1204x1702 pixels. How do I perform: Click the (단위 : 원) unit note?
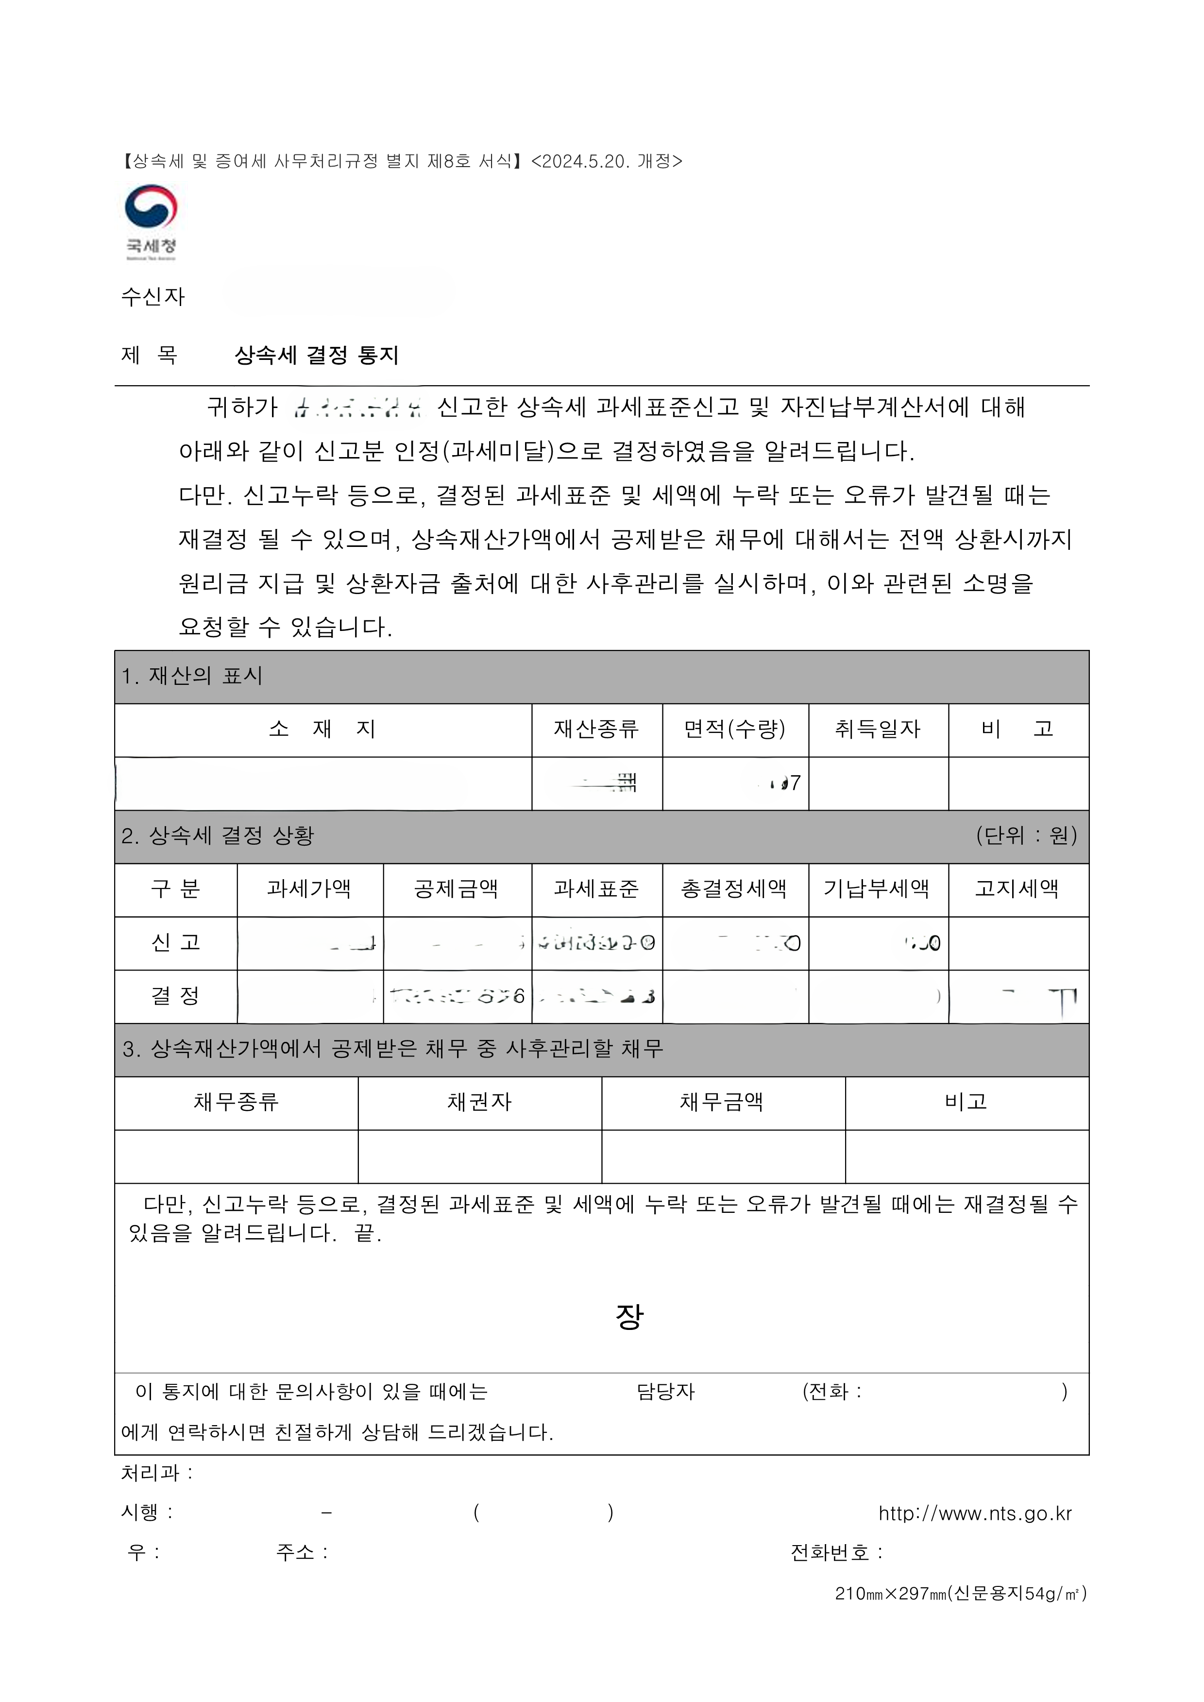1026,836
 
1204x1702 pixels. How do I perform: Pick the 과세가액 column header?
309,889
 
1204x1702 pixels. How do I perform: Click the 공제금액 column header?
456,889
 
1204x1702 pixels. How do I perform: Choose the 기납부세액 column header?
877,889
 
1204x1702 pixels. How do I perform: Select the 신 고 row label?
176,943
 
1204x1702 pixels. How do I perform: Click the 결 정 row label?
176,996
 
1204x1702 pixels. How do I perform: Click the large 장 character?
629,1316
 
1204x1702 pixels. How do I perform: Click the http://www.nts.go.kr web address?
975,1514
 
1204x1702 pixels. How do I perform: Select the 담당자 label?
665,1392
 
